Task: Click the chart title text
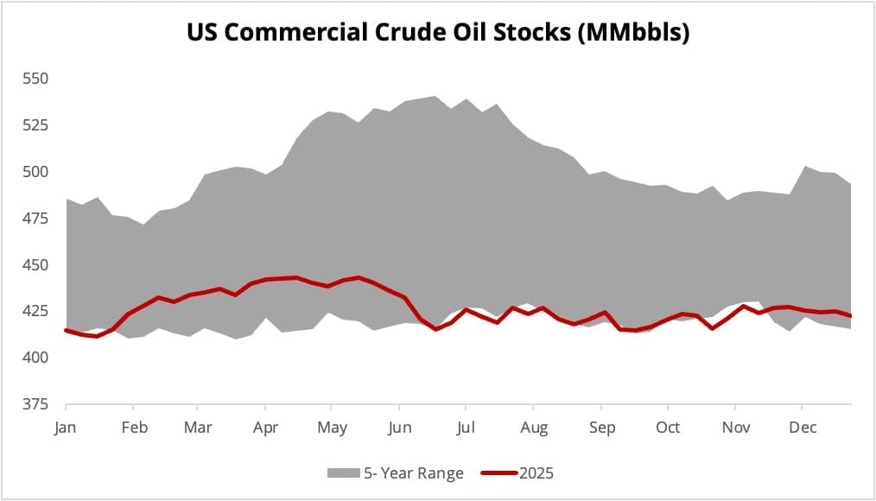click(438, 34)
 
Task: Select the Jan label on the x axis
click(65, 428)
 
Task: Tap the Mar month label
click(199, 428)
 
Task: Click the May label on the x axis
click(332, 428)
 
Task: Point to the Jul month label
click(466, 428)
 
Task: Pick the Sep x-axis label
click(601, 428)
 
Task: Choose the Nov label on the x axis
click(734, 428)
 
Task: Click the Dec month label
click(802, 428)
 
